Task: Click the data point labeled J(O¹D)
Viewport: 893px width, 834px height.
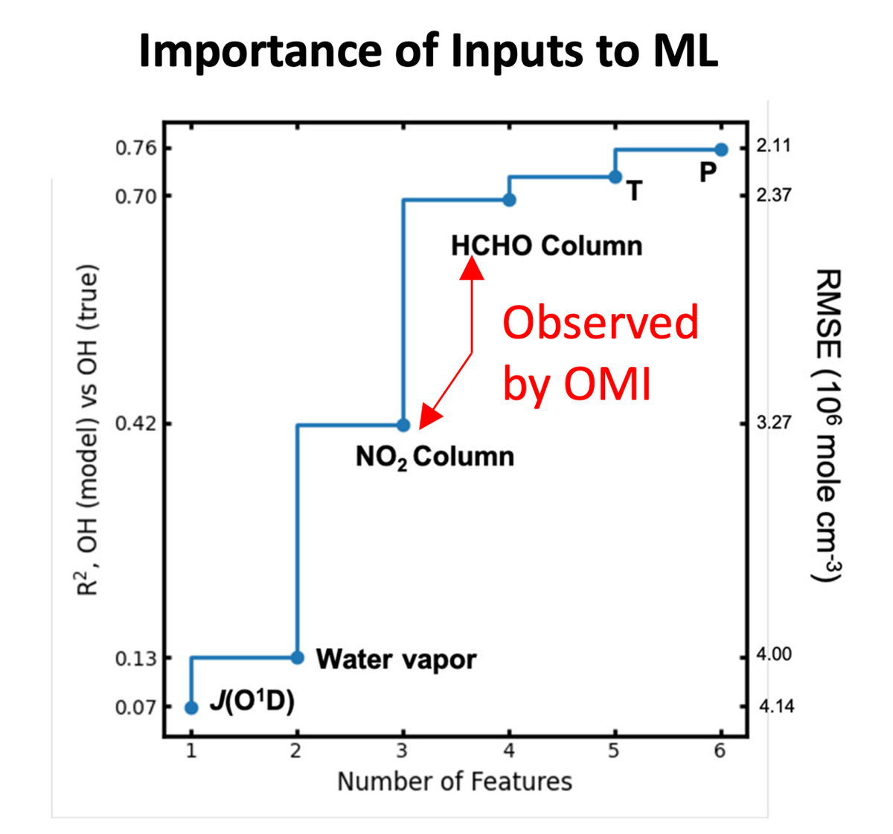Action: click(x=191, y=708)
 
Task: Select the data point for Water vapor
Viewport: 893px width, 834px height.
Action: click(x=297, y=657)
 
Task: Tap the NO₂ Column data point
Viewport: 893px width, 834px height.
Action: click(x=403, y=425)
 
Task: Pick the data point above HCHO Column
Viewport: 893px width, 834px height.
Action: click(x=509, y=199)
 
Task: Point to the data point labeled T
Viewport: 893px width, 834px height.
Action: click(x=615, y=176)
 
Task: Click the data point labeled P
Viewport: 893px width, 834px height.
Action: click(x=721, y=150)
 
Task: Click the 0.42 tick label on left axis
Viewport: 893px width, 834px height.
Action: click(x=136, y=423)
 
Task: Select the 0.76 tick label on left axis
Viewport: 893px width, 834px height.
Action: click(x=136, y=148)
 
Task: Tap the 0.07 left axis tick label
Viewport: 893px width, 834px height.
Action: click(x=136, y=707)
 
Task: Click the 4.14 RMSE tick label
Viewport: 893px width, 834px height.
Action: click(x=775, y=707)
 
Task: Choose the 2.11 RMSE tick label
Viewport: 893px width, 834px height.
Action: click(x=774, y=147)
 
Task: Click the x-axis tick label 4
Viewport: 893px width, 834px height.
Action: click(x=509, y=751)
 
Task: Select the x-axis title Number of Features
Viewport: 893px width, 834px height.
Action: click(x=455, y=782)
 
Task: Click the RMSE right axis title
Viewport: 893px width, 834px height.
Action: click(x=828, y=426)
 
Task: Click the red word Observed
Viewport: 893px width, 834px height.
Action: click(x=601, y=323)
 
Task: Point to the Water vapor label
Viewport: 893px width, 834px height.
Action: click(x=396, y=659)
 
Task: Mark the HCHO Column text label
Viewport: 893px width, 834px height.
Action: click(x=546, y=246)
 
